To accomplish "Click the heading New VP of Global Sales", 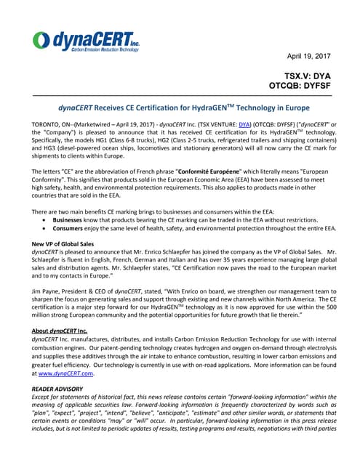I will (67, 243).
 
